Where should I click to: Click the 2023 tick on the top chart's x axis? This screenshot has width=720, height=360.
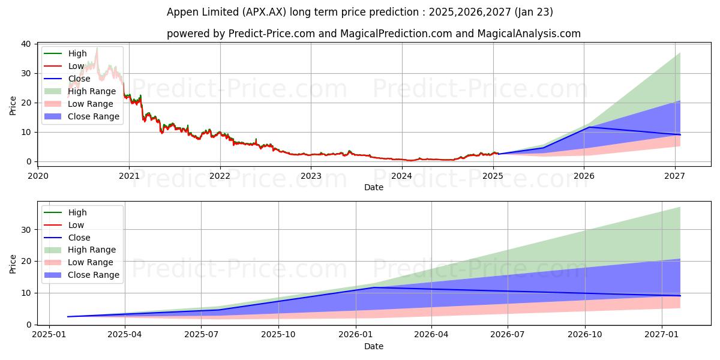311,176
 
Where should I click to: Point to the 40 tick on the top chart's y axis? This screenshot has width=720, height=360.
26,44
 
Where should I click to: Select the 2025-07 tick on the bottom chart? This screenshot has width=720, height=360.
202,334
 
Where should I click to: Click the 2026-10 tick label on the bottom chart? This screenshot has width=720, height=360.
585,334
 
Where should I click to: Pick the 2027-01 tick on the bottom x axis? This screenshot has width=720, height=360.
662,334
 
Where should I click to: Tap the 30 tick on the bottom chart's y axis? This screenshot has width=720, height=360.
26,229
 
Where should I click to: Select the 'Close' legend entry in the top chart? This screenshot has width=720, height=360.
79,79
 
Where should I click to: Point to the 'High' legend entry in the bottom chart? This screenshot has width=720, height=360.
77,212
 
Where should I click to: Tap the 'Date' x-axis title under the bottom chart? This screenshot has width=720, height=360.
374,346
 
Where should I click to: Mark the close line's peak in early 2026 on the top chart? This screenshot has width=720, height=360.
589,127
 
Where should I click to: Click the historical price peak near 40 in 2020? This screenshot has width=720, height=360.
97,48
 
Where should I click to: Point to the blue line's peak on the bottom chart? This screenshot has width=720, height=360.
374,287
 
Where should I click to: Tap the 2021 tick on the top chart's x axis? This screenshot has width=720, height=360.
129,176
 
